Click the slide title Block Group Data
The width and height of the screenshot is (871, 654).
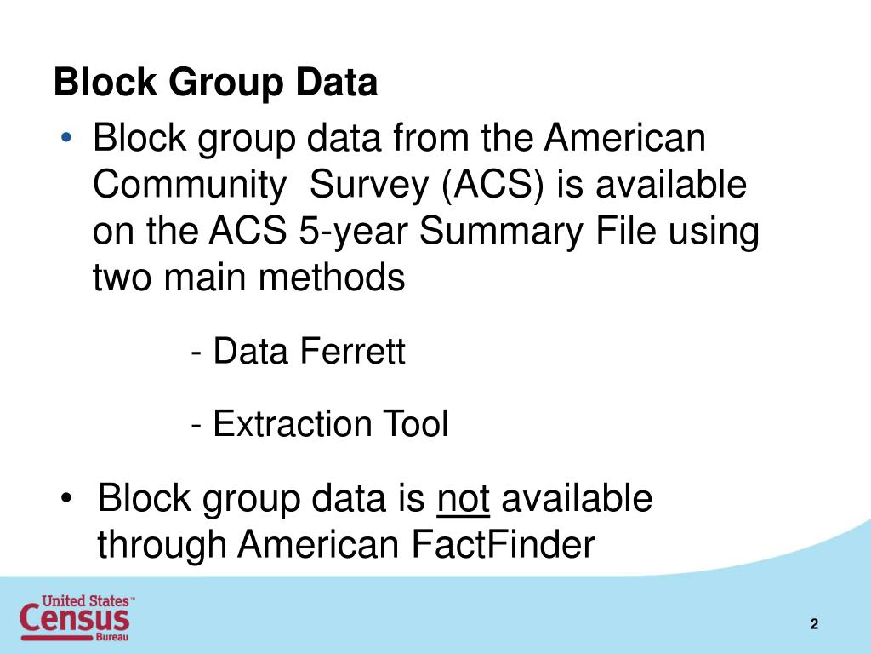215,83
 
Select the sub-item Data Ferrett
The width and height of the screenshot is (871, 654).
299,351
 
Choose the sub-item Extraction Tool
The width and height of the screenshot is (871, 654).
320,423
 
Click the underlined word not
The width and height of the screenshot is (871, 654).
463,499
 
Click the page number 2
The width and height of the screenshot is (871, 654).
814,625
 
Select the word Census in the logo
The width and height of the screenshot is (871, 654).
75,619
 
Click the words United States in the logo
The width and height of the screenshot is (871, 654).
87,600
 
